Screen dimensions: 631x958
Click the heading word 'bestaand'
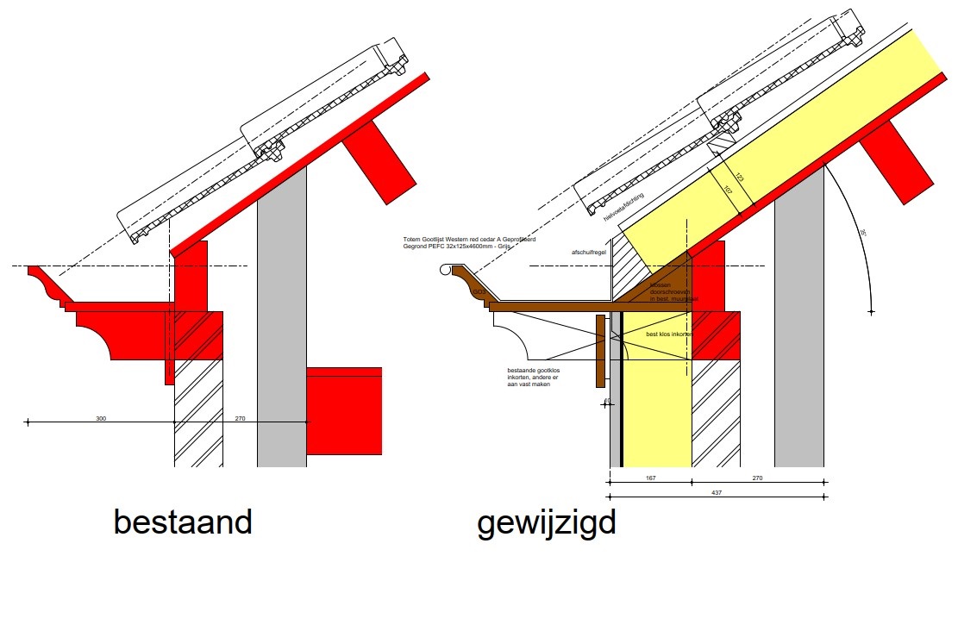[x=183, y=522]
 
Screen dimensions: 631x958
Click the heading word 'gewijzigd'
[x=547, y=523]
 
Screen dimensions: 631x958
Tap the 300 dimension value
[x=101, y=418]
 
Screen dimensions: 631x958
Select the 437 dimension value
[x=716, y=492]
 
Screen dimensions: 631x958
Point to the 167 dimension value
[x=650, y=478]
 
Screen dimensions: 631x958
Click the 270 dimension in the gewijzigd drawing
[x=758, y=478]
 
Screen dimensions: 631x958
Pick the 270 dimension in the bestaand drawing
[x=241, y=418]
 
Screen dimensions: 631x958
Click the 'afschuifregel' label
[x=589, y=253]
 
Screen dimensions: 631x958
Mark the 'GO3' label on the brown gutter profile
[x=478, y=293]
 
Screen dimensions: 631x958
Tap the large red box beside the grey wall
[x=344, y=411]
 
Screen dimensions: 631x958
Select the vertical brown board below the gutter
[x=600, y=350]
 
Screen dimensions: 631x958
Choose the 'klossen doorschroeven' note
[x=667, y=291]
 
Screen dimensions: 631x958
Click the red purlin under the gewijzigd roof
[x=897, y=163]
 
